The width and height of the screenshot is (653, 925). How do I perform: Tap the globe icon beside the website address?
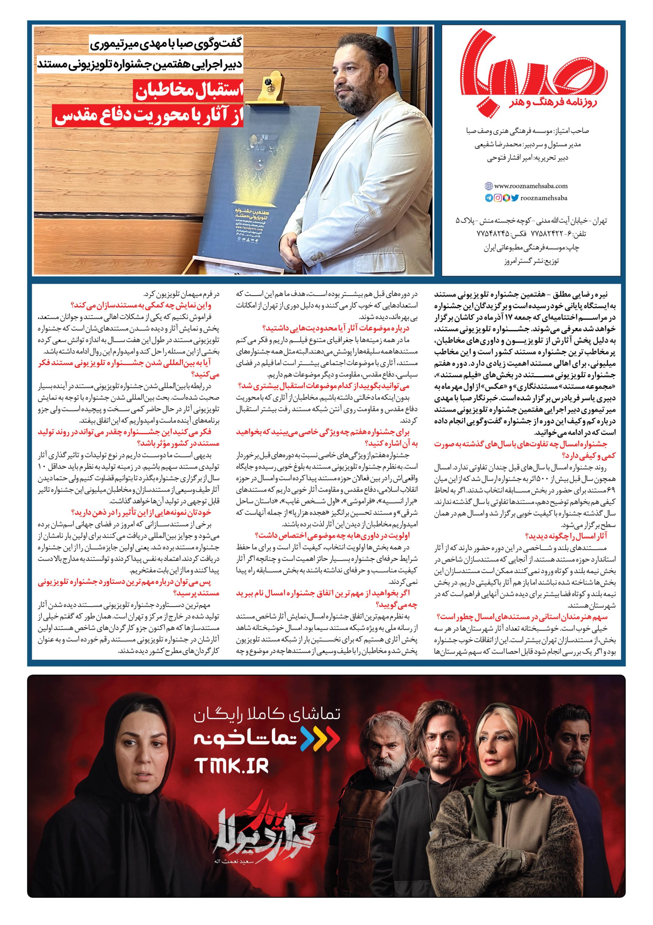point(488,186)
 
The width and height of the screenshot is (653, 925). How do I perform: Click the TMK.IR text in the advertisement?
point(231,765)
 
